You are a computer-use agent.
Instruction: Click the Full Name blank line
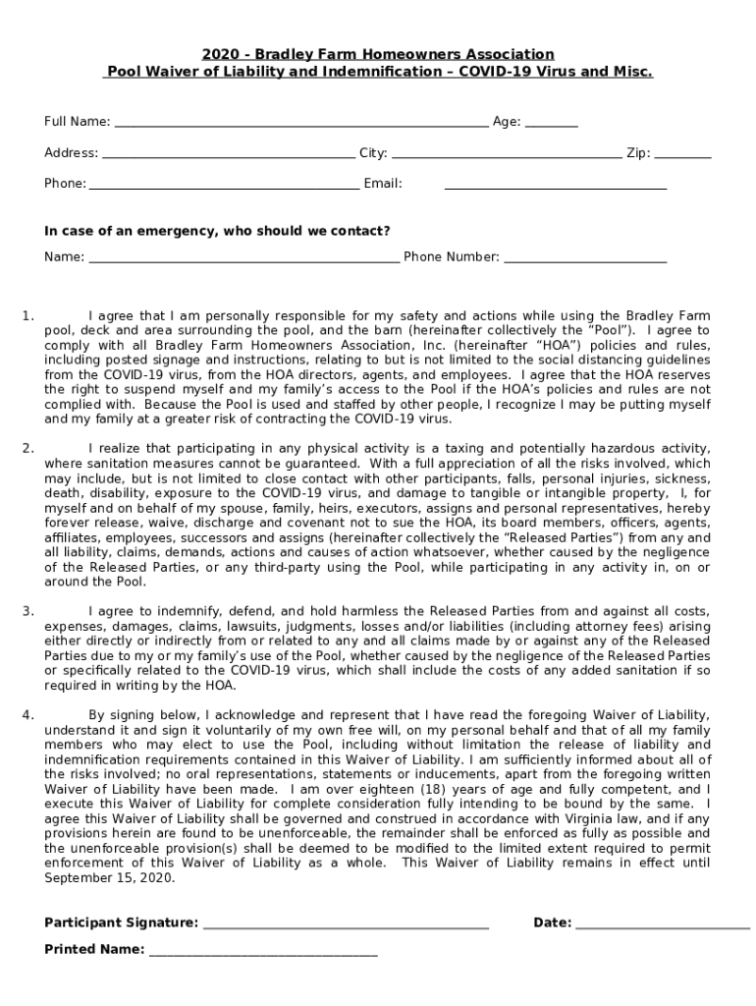point(300,125)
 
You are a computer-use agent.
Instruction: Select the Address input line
point(228,155)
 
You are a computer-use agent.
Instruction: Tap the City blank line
point(507,155)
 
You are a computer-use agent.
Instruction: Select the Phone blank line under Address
point(224,186)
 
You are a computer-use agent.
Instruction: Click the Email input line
point(556,186)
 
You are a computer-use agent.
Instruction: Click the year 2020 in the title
point(219,54)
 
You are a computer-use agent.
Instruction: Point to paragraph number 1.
point(28,315)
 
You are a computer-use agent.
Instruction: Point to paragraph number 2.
point(28,448)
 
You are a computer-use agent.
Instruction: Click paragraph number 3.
point(28,611)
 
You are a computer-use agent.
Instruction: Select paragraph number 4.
point(28,714)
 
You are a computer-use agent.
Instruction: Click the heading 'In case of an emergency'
point(217,231)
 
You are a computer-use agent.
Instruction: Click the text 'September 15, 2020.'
point(110,877)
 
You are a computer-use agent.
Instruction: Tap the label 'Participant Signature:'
point(121,922)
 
